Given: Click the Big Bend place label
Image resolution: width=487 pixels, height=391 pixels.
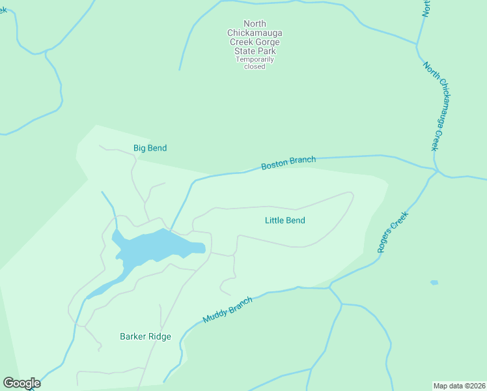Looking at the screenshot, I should point(150,148).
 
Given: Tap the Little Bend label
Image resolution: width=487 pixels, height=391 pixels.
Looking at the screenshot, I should point(285,220).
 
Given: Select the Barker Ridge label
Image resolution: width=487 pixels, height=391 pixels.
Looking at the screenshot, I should point(145,336).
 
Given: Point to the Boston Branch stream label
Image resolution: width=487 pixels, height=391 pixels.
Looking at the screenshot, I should point(288,163).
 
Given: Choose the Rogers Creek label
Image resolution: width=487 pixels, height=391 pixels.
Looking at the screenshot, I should point(392,233).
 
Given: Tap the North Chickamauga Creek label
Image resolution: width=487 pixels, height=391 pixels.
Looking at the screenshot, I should point(437,107).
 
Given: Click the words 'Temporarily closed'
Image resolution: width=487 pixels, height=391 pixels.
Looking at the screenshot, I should point(255,63).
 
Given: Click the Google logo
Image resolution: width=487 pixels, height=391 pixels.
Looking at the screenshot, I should point(21,383).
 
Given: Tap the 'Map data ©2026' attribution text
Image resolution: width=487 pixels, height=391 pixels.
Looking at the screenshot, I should point(459,385).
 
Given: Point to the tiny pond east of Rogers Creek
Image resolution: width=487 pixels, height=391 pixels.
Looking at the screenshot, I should point(434,282).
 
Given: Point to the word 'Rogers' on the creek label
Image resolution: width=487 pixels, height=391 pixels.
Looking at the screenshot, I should point(386,242).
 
